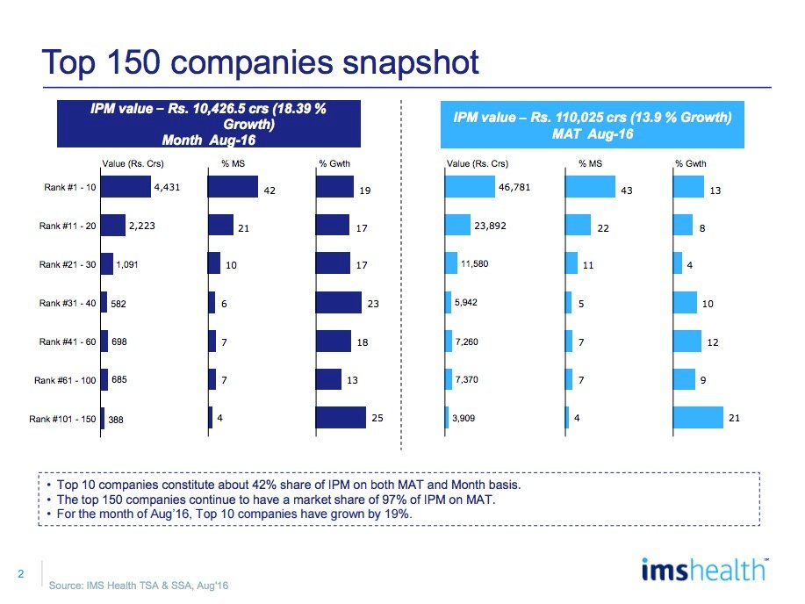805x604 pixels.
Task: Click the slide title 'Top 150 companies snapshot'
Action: click(261, 62)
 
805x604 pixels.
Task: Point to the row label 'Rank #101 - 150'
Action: click(63, 419)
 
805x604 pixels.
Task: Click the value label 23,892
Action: click(492, 226)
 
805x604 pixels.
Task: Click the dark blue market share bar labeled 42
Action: click(232, 187)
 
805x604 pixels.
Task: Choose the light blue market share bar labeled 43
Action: click(589, 187)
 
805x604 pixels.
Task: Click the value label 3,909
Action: click(464, 419)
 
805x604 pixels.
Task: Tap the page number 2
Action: click(20, 575)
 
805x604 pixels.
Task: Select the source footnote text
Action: click(139, 586)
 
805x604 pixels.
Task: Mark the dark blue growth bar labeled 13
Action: click(327, 379)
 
